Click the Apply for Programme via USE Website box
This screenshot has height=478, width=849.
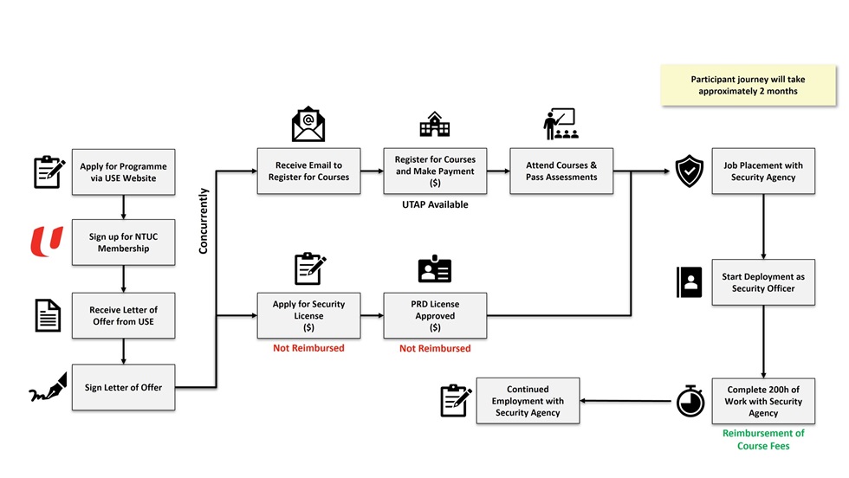(x=123, y=171)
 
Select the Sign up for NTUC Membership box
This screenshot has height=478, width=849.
(x=123, y=242)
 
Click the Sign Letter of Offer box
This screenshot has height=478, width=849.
(x=123, y=387)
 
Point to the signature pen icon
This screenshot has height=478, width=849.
(x=49, y=388)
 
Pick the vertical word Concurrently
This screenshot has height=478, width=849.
(x=204, y=220)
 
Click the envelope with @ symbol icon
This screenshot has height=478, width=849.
(x=308, y=125)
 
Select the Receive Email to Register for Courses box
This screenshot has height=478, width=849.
(x=308, y=171)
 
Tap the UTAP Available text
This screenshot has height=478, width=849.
(x=435, y=205)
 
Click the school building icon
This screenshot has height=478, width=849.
(x=435, y=126)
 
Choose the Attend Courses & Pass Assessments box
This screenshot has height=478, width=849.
(x=561, y=171)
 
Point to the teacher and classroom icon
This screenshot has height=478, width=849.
(x=560, y=125)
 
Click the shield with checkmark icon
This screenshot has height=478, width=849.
(x=690, y=171)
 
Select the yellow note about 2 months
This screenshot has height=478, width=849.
(x=748, y=85)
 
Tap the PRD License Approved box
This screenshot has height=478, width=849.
(x=435, y=315)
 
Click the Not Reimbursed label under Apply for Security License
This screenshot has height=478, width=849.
(x=308, y=348)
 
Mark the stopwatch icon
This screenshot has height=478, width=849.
(x=690, y=401)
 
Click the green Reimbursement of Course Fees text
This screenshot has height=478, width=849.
(x=763, y=439)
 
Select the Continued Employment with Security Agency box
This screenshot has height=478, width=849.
(x=528, y=401)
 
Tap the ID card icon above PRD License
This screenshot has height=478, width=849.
(x=435, y=270)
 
